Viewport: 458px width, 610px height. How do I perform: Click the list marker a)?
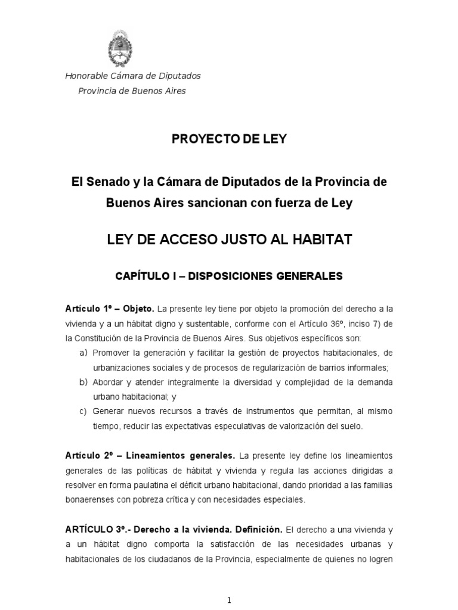click(83, 353)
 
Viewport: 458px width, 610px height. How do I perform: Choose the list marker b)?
click(83, 382)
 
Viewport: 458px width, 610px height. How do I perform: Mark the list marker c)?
click(83, 411)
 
